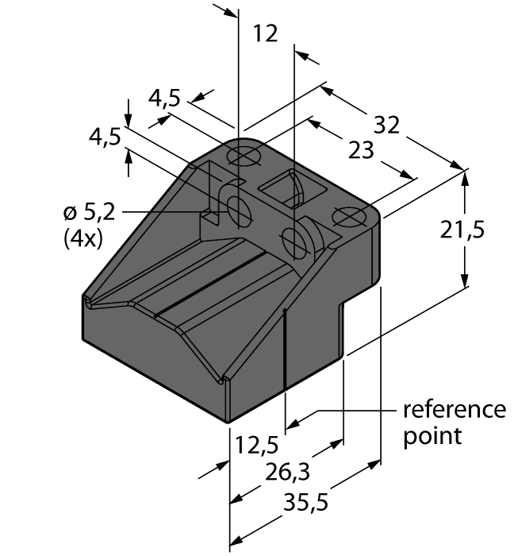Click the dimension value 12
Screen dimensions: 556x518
(x=265, y=34)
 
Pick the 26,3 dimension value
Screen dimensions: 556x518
(x=288, y=473)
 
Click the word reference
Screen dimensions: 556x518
(x=454, y=410)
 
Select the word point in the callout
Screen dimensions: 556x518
(x=432, y=436)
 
